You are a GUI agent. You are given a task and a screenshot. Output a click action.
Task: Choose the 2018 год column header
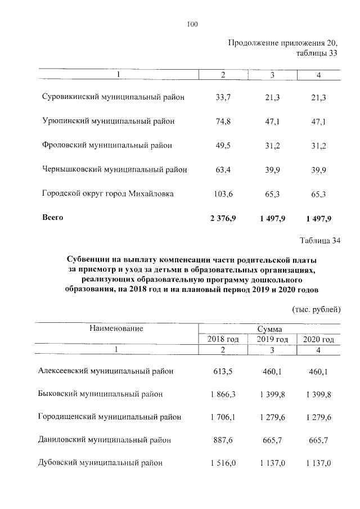tap(223, 340)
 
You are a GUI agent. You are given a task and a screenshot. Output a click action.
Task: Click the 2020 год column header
tap(318, 340)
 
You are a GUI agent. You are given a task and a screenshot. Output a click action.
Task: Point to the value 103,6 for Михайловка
tap(223, 193)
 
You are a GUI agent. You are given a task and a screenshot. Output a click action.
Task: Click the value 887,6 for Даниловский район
tap(223, 440)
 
